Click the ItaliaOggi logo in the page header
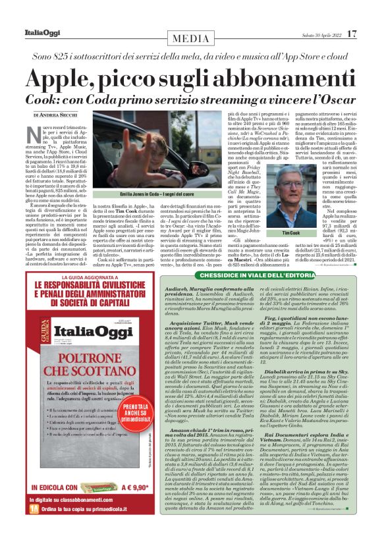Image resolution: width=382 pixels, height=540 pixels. click(38, 33)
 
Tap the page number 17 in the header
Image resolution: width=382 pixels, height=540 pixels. click(353, 33)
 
